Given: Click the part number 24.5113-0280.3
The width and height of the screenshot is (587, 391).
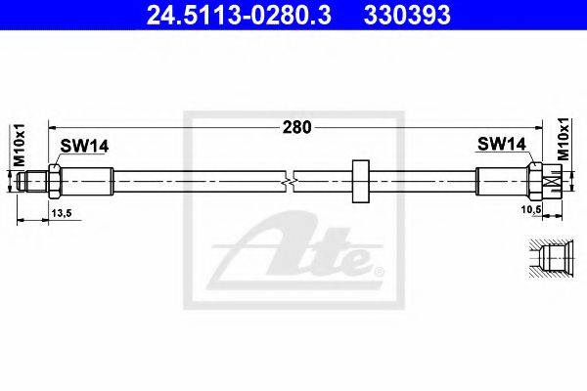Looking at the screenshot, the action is point(239,15).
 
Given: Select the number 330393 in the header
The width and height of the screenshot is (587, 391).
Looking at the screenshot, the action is point(407,15).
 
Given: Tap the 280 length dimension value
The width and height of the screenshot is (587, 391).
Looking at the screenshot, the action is point(296,128).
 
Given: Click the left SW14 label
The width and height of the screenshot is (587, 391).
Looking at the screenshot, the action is point(84,146).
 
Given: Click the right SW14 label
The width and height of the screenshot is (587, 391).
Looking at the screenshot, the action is point(502,144).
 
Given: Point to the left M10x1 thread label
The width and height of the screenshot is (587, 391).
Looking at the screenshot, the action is point(20,145).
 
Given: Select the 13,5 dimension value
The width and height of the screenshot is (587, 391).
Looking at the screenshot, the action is point(62,213).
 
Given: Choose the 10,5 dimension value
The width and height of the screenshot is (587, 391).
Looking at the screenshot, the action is point(531,209).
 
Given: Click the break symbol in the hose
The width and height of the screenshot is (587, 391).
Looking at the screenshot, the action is point(289,182).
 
